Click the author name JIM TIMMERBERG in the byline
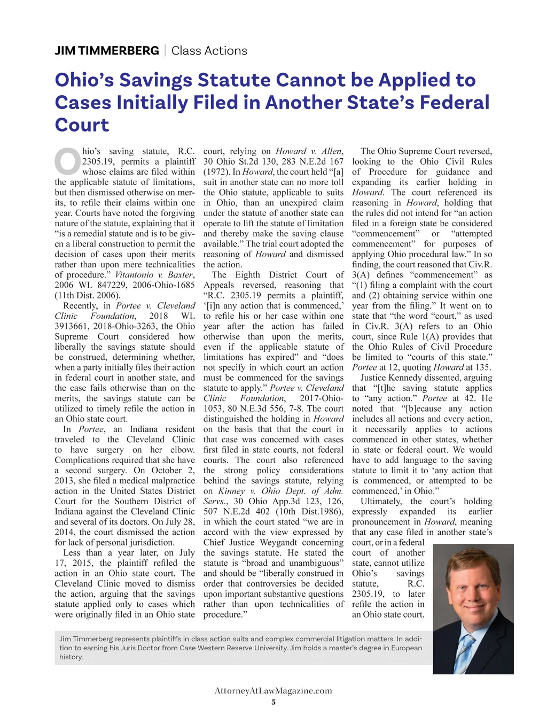[107, 51]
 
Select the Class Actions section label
[209, 51]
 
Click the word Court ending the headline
[82, 125]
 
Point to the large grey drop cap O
[67, 161]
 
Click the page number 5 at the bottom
[273, 702]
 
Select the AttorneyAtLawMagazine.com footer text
[273, 690]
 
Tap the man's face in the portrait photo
[471, 589]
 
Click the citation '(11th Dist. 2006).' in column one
[88, 296]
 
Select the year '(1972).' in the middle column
[218, 172]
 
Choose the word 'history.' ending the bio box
[71, 657]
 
